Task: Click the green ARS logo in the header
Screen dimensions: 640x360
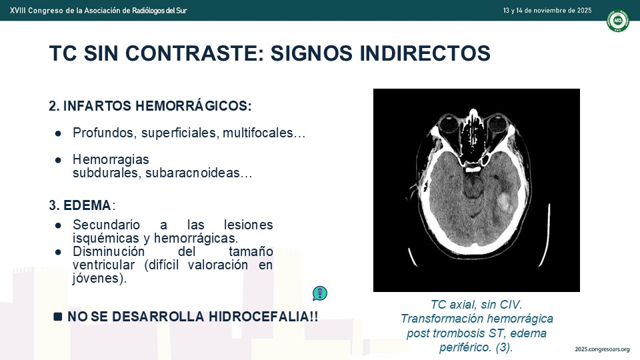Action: [617, 21]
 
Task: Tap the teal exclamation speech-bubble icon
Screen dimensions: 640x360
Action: [320, 293]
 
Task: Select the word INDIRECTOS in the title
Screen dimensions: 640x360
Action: [425, 53]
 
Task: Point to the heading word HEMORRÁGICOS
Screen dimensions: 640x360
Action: [193, 106]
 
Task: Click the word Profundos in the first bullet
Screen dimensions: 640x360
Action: [105, 133]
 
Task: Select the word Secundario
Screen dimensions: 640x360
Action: [106, 225]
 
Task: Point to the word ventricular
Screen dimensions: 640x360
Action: [104, 265]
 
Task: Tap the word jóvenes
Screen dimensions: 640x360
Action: [99, 279]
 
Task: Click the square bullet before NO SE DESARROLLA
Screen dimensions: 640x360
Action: [58, 316]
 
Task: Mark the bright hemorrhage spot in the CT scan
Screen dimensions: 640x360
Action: [505, 201]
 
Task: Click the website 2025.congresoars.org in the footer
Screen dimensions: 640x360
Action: [602, 349]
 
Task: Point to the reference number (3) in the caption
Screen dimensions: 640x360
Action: [504, 347]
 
